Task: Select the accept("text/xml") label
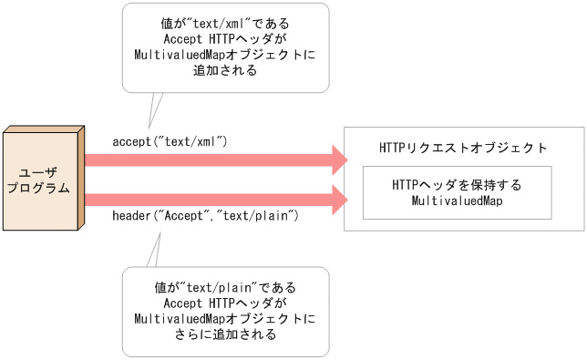tap(170, 142)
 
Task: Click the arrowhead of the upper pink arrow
tap(338, 161)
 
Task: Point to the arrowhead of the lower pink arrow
tap(338, 198)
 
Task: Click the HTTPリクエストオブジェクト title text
tap(463, 147)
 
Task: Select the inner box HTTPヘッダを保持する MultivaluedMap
tap(457, 192)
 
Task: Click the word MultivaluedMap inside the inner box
tap(458, 201)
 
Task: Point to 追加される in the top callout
tap(225, 71)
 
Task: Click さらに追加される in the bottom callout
tap(225, 334)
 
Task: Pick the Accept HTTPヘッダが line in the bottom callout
tap(225, 303)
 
